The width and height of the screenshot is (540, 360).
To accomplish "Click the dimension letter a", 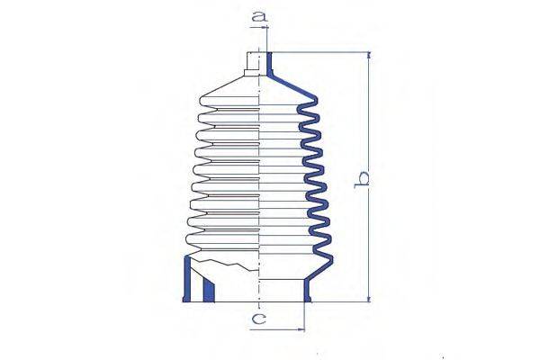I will click(259, 15).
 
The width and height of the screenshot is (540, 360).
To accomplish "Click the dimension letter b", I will click(363, 179).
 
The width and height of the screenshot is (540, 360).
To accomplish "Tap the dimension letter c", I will click(259, 318).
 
